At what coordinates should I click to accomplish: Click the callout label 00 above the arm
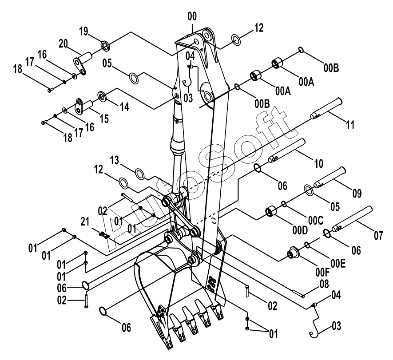[192, 16]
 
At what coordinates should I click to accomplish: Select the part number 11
[350, 124]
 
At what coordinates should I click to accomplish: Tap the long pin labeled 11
[326, 108]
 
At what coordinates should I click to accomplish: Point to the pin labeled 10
[287, 150]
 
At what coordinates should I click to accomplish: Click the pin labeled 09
[330, 177]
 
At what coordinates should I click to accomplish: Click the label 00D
[300, 230]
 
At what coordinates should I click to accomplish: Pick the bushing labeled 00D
[271, 211]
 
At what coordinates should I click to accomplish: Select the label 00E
[338, 264]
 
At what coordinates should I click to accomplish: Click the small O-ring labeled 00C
[284, 204]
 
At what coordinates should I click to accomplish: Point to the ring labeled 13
[139, 174]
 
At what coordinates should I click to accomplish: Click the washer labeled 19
[105, 46]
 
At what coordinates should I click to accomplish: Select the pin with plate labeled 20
[83, 63]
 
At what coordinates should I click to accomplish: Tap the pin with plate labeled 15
[84, 106]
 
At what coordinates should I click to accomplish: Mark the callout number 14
[124, 107]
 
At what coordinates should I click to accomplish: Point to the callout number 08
[324, 284]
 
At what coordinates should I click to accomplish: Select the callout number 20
[63, 44]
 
